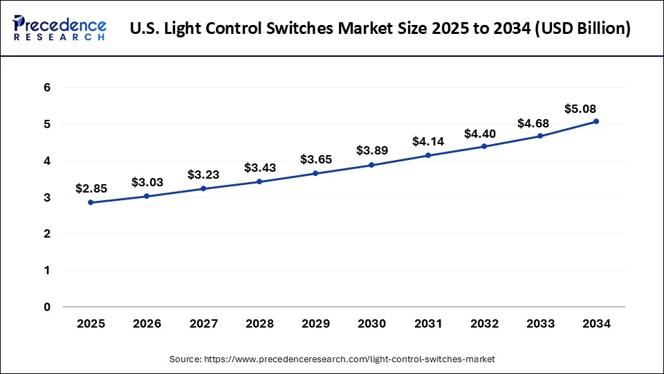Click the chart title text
point(380,29)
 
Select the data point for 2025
point(91,202)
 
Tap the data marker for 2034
point(596,121)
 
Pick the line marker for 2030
point(371,165)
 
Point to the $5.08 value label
point(580,109)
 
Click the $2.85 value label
point(91,188)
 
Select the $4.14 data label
point(427,141)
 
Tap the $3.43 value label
point(259,168)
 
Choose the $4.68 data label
point(533,123)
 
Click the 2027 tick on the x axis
point(203,323)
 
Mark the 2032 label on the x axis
point(484,323)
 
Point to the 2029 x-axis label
point(315,323)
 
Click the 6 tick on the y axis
point(47,88)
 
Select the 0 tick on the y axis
point(47,307)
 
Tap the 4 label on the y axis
point(47,161)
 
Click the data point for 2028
point(259,181)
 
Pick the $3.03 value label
point(147,182)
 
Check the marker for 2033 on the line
point(540,136)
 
